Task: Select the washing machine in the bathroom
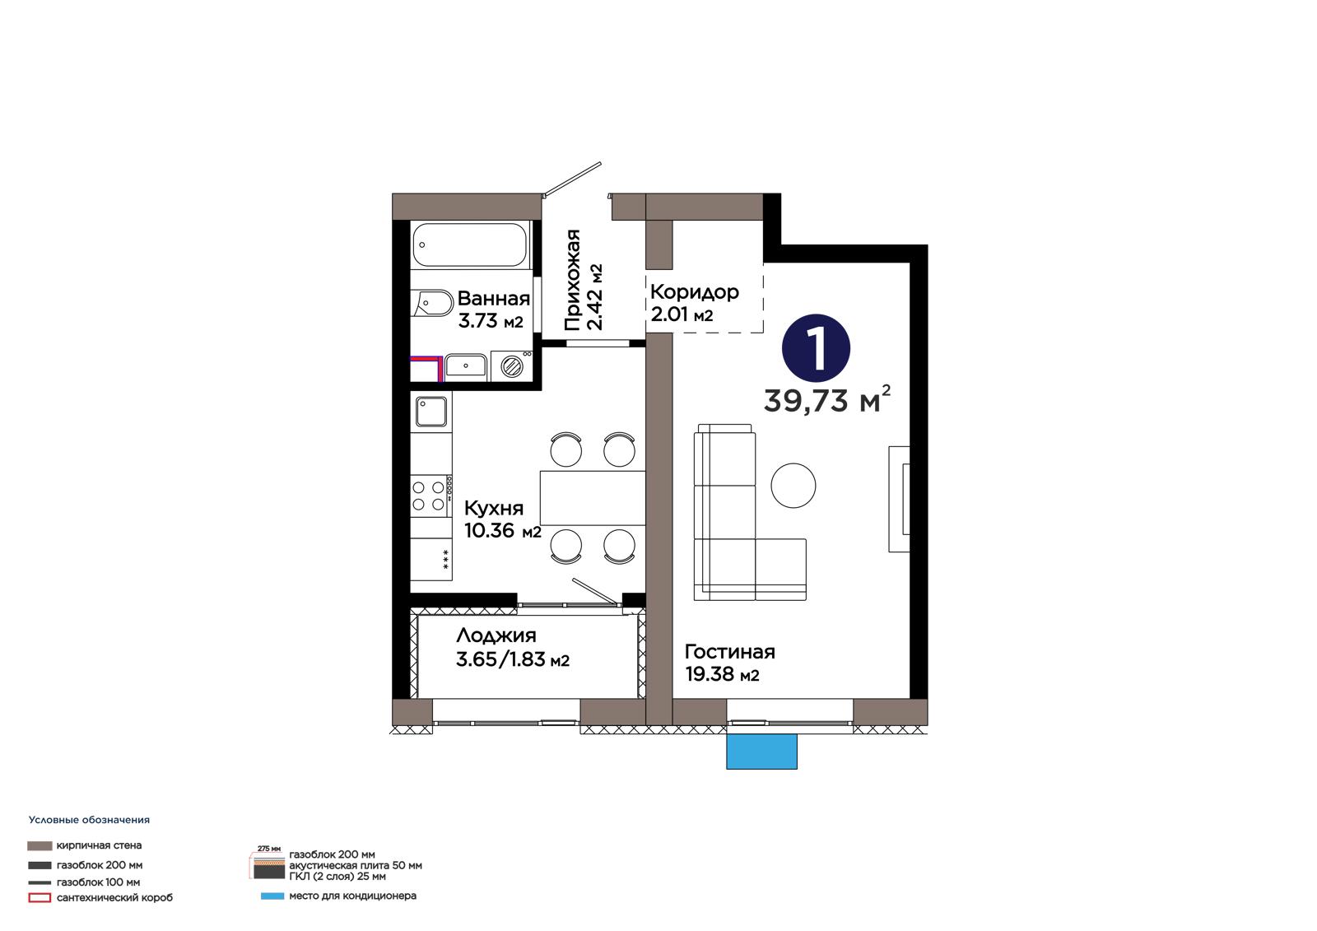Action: point(511,365)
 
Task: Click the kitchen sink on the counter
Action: point(431,411)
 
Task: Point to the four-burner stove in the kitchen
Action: point(429,496)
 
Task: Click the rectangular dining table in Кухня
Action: point(593,497)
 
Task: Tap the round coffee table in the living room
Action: point(793,485)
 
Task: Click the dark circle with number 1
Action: point(816,348)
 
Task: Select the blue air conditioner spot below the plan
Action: point(761,751)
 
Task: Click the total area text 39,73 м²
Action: point(826,400)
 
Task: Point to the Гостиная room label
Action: point(729,652)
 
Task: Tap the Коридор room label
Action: point(695,291)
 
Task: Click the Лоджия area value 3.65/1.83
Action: point(501,659)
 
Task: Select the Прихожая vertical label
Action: point(573,280)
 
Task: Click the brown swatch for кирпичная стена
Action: point(40,845)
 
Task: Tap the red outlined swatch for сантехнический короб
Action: point(40,897)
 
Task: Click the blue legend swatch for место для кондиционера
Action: point(272,896)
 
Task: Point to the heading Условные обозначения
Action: point(90,820)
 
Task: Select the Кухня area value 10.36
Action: point(489,530)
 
